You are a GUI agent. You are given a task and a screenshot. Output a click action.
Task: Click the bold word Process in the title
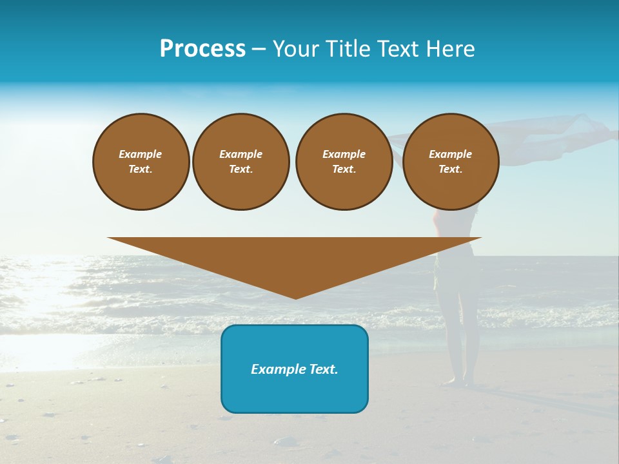(202, 49)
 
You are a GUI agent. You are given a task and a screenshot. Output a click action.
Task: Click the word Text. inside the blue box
(322, 369)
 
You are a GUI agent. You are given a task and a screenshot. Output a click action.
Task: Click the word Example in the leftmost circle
(141, 154)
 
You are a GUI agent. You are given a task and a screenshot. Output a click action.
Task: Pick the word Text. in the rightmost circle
(450, 169)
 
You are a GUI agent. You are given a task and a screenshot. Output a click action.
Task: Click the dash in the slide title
(259, 49)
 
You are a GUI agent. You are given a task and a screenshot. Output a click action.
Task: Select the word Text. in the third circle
(344, 169)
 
